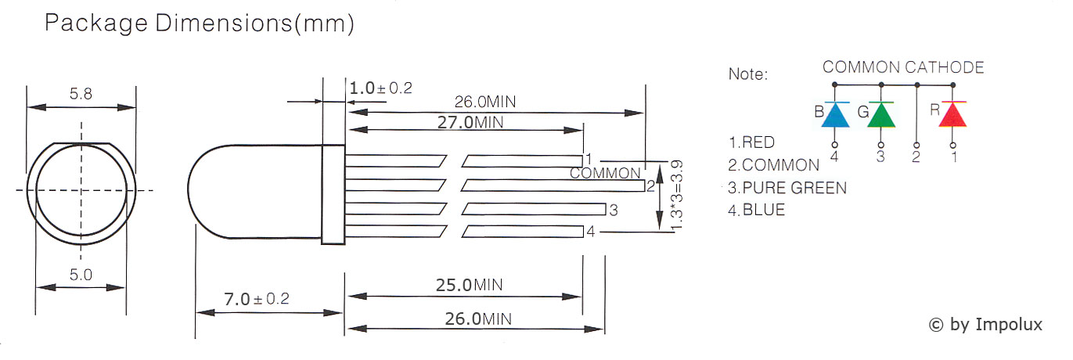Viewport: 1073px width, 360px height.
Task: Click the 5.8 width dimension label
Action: pos(81,93)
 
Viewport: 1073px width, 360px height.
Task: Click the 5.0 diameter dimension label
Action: pos(81,275)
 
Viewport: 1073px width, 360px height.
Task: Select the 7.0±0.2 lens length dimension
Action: pos(257,299)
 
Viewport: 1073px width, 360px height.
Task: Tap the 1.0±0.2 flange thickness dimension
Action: pos(381,88)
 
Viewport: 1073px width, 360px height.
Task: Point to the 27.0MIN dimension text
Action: pos(470,123)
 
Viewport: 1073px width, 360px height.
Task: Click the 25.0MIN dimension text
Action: pos(469,286)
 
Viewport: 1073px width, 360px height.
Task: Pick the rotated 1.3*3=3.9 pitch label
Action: pos(676,196)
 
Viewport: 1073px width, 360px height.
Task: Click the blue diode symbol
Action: pos(835,114)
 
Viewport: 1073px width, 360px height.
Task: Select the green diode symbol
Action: pos(881,114)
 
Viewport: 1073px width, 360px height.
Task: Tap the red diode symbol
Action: pos(952,114)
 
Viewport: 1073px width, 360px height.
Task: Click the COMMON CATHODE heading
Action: pos(903,67)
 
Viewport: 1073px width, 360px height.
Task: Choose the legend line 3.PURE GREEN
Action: pos(787,188)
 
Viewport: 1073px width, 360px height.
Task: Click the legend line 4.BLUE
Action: pos(756,210)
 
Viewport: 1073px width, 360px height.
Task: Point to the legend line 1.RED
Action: pos(751,142)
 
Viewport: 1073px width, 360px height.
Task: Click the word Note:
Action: pos(747,74)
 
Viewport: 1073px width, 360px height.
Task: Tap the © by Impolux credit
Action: pos(985,325)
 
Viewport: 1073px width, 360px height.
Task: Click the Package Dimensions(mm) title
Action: pos(200,23)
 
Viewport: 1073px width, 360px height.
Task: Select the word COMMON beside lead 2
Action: pos(605,173)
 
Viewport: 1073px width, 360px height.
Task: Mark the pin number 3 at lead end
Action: pos(614,210)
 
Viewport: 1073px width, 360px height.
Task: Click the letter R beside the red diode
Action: pos(935,110)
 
